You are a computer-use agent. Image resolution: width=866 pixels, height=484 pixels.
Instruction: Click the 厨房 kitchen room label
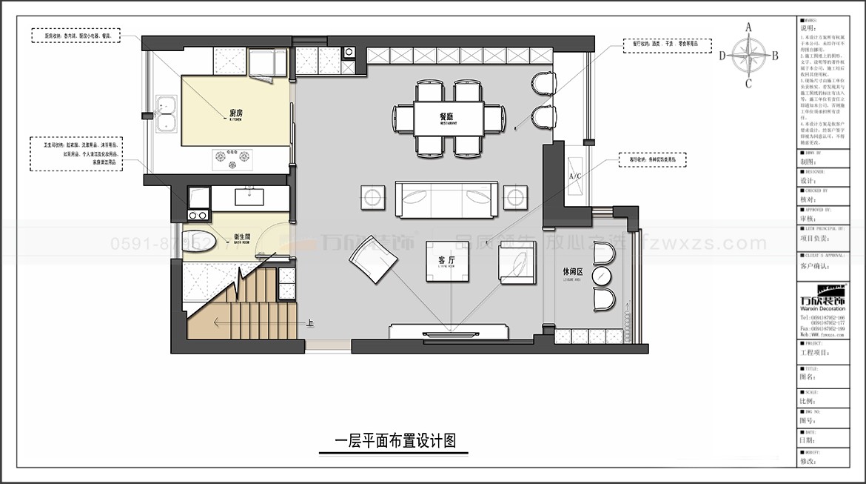click(237, 113)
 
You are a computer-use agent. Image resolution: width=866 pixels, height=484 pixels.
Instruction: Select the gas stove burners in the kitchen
click(232, 156)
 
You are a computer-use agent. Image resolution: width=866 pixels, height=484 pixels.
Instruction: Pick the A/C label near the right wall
click(575, 176)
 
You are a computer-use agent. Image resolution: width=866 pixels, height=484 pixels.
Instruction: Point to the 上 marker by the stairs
click(309, 322)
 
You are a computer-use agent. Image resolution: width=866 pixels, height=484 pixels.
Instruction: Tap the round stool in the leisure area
click(601, 277)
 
